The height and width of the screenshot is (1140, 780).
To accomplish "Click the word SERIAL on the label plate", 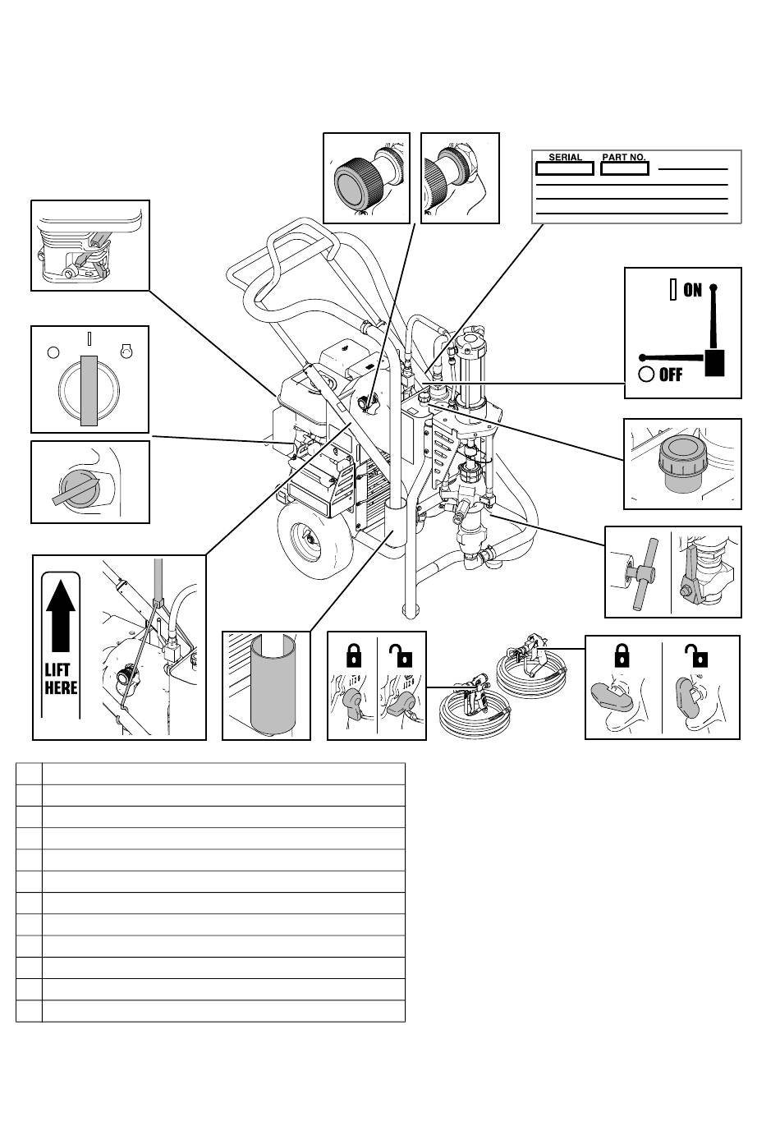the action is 565,157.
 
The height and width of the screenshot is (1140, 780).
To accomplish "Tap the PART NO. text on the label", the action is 624,157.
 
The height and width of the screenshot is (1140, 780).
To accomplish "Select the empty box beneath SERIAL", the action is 564,168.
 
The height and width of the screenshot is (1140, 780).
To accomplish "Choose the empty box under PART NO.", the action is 624,168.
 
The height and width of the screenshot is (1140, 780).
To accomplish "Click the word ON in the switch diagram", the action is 692,290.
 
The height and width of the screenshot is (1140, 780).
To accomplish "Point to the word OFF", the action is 671,375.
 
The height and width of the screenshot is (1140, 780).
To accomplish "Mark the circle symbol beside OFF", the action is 646,375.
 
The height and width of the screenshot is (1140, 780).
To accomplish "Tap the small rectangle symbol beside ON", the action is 673,290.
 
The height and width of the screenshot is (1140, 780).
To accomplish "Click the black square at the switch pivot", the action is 714,363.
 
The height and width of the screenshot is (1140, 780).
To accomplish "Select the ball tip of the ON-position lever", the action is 713,287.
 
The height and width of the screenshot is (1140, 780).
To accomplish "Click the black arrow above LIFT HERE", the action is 61,616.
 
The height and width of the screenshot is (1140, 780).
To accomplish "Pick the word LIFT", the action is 57,669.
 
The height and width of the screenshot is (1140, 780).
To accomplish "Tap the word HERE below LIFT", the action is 61,688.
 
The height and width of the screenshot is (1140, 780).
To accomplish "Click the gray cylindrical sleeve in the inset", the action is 273,684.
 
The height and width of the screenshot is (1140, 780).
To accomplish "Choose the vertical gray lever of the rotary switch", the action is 89,390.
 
